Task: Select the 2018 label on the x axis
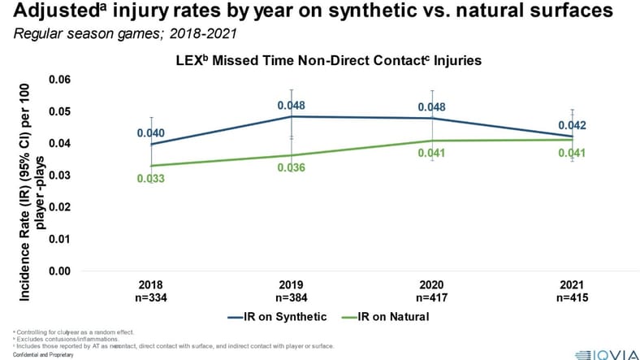(x=150, y=286)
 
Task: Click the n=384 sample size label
(x=292, y=297)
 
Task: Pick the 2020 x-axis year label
(x=432, y=286)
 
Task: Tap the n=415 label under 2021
(x=573, y=297)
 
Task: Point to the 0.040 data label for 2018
(x=151, y=133)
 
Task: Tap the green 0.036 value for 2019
(x=292, y=168)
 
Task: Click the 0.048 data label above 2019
(x=292, y=106)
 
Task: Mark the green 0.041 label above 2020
(x=432, y=154)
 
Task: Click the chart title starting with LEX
(x=321, y=61)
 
